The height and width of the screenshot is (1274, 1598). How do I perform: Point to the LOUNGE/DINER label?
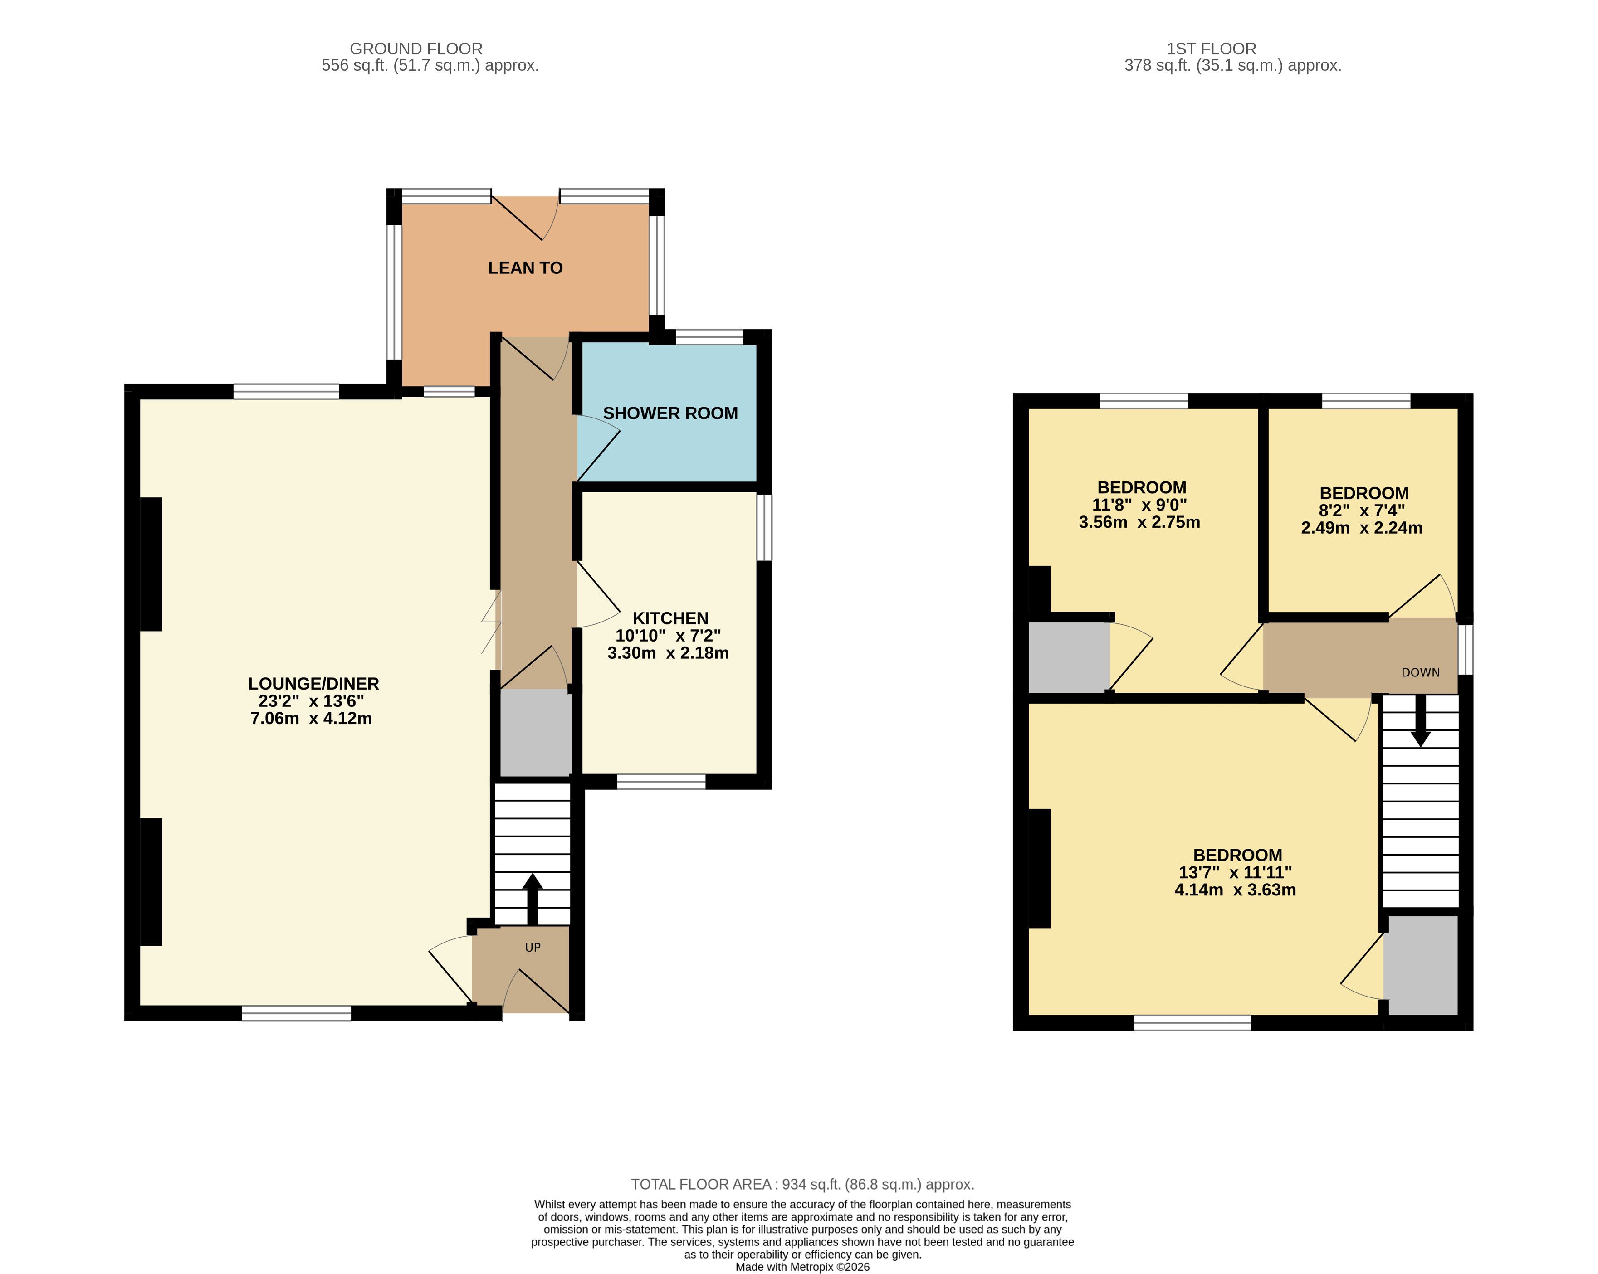click(x=313, y=684)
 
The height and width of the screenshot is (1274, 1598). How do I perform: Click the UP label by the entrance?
click(x=533, y=948)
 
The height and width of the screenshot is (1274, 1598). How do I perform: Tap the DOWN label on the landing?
click(x=1420, y=672)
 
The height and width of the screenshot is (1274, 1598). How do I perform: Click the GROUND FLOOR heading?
click(x=416, y=49)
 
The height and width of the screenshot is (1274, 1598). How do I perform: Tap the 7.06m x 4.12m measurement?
click(x=311, y=719)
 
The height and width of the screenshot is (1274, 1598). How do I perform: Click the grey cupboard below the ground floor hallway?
click(x=535, y=733)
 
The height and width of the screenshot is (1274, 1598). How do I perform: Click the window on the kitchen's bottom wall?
click(x=661, y=782)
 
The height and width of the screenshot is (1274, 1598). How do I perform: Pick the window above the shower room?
click(x=709, y=337)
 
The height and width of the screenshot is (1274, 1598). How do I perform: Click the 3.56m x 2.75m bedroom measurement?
click(x=1139, y=522)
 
